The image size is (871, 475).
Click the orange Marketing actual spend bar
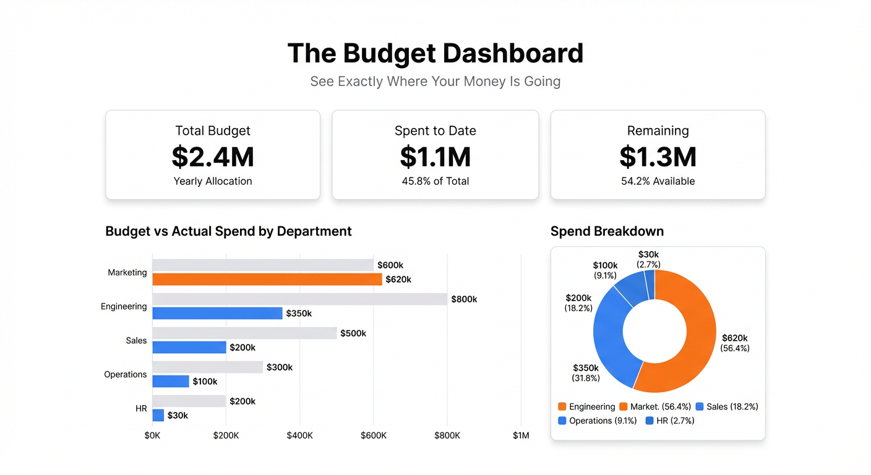pyautogui.click(x=267, y=280)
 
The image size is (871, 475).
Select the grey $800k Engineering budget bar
pyautogui.click(x=299, y=299)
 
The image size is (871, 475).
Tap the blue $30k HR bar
pyautogui.click(x=158, y=416)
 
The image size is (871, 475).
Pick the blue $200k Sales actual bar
pyautogui.click(x=189, y=348)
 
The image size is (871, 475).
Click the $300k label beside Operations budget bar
pyautogui.click(x=280, y=367)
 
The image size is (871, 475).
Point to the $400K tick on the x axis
pyautogui.click(x=300, y=435)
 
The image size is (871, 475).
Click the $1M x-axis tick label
pyautogui.click(x=521, y=435)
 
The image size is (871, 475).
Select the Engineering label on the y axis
pyautogui.click(x=124, y=307)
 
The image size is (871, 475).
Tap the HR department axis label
pyautogui.click(x=141, y=409)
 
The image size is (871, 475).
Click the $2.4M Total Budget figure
pyautogui.click(x=213, y=157)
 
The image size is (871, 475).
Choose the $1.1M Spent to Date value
pyautogui.click(x=435, y=157)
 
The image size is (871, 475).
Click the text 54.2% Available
pyautogui.click(x=658, y=181)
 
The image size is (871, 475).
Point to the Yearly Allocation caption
pyautogui.click(x=213, y=181)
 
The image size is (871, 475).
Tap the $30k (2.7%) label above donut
pyautogui.click(x=648, y=259)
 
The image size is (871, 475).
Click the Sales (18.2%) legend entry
pyautogui.click(x=727, y=407)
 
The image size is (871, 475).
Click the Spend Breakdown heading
pyautogui.click(x=607, y=231)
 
